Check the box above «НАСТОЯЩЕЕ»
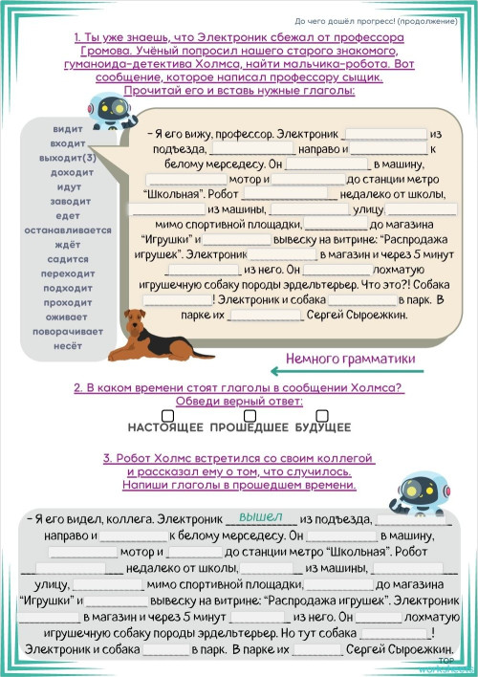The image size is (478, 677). pyautogui.click(x=167, y=415)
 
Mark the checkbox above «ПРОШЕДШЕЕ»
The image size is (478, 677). pyautogui.click(x=250, y=415)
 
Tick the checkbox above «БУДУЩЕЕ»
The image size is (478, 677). pyautogui.click(x=322, y=415)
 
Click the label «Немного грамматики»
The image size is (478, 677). pyautogui.click(x=351, y=358)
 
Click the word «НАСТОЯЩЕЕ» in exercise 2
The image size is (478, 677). pyautogui.click(x=167, y=427)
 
